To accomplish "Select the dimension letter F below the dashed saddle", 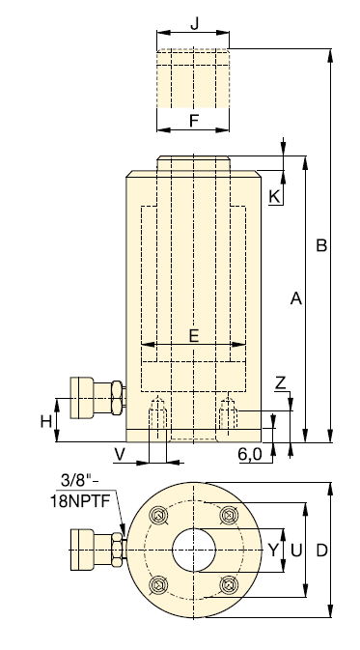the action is [x=194, y=121].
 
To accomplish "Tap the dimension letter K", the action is [x=274, y=196].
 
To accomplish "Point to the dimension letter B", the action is [x=321, y=245].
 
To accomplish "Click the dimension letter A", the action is [x=295, y=298].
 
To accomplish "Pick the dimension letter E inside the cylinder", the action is [x=194, y=335].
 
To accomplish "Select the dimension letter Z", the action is [x=281, y=383].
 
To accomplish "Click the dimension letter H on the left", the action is [x=46, y=422].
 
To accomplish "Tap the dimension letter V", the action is [x=120, y=455].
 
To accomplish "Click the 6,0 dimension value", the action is [x=250, y=455].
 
